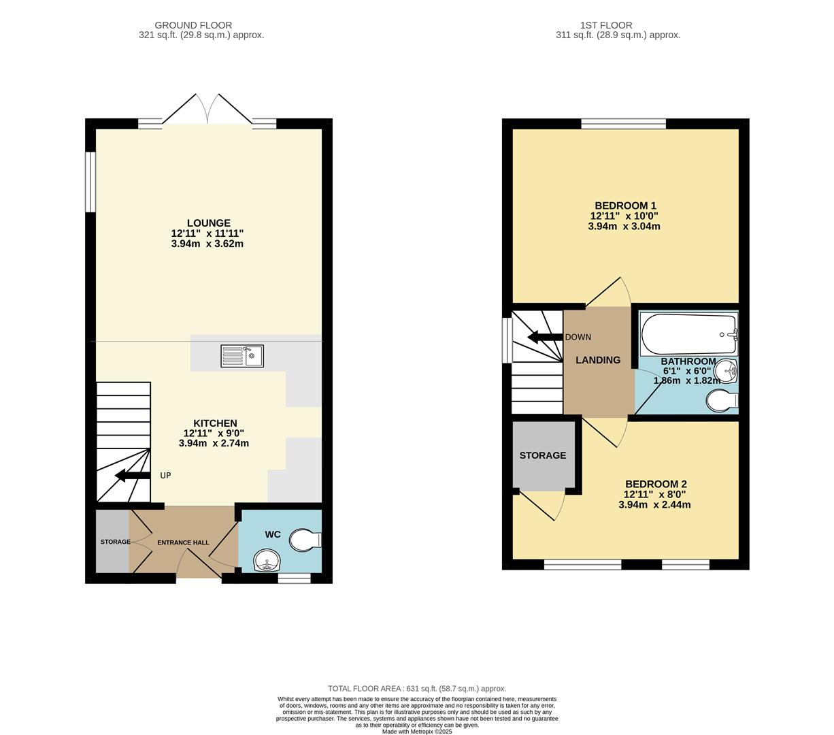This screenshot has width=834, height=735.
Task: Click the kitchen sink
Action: coord(242,356)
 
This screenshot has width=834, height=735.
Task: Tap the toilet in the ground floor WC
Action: coord(304,541)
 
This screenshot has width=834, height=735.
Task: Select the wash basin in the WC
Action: coord(267,562)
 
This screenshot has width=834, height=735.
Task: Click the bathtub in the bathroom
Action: coord(688,333)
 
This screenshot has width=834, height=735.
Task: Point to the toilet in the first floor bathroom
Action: coord(721,402)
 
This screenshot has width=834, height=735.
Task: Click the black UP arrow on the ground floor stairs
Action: coord(133,476)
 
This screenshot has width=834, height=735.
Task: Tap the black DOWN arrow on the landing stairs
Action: coord(544,337)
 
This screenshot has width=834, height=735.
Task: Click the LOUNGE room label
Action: coord(209,223)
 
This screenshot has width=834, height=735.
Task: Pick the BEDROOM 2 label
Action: coord(656,485)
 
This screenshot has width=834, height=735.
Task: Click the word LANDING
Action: coord(598,360)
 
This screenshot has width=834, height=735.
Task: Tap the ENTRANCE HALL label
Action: coord(183,542)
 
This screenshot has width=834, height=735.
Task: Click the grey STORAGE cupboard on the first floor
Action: coord(543,455)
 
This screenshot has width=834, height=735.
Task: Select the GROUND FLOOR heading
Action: coord(193,25)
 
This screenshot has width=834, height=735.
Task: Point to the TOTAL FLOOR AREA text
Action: coord(416,689)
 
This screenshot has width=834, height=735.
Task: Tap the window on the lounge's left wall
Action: coord(90,182)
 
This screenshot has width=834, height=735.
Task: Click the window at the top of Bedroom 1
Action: coord(624,124)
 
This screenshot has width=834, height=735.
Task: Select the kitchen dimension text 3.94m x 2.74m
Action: coord(214,443)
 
